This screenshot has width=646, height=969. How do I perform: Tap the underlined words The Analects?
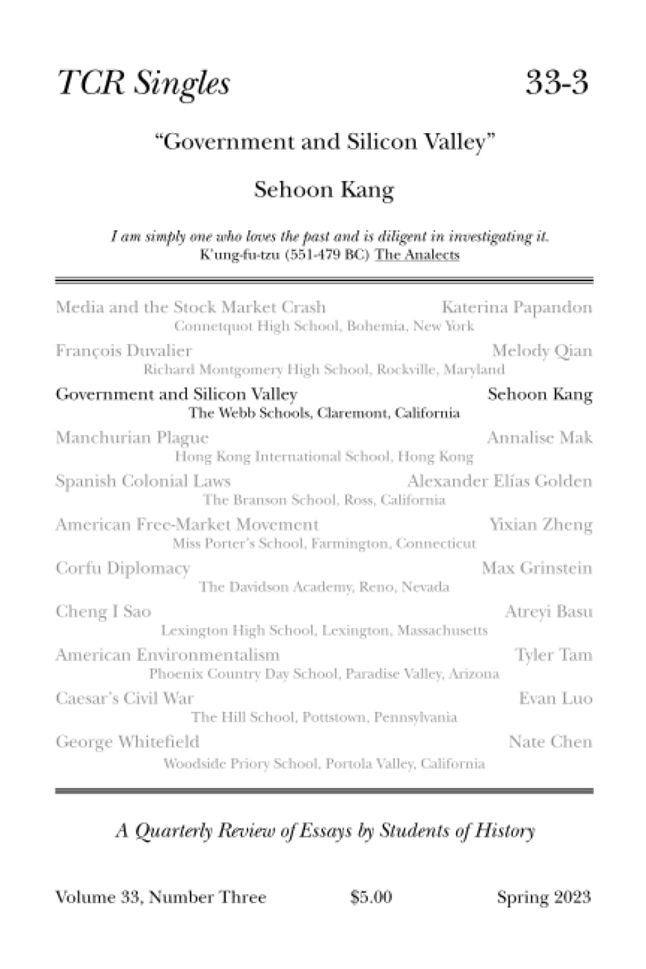tap(417, 255)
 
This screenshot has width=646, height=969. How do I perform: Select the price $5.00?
tap(371, 897)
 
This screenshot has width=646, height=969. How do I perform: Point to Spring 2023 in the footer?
tap(543, 897)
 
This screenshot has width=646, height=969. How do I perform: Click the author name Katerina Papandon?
tap(517, 307)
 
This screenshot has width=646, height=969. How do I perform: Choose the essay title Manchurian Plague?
tap(132, 438)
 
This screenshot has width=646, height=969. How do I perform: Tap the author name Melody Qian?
tap(541, 351)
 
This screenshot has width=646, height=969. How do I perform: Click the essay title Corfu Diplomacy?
tap(123, 568)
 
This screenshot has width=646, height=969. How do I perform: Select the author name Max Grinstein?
tap(537, 568)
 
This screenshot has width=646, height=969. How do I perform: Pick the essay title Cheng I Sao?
tap(103, 612)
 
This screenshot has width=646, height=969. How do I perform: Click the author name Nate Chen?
tap(550, 742)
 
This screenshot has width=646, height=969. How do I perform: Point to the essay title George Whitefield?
tap(127, 742)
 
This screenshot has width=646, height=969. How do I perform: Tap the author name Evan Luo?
tap(555, 698)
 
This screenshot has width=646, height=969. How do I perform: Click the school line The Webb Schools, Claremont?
tap(324, 413)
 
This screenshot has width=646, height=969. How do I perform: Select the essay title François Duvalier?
tap(123, 351)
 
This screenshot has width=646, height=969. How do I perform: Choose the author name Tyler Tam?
tap(553, 655)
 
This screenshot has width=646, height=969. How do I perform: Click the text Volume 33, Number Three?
tap(161, 897)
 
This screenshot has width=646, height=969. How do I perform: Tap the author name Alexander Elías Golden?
tap(499, 481)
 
